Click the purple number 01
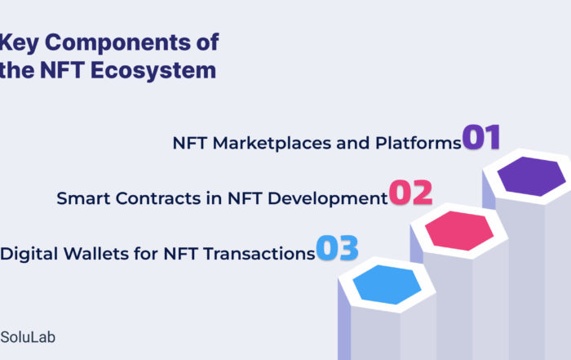pyautogui.click(x=481, y=137)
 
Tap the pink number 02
pyautogui.click(x=411, y=193)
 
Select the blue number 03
pyautogui.click(x=337, y=248)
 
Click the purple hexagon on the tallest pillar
pyautogui.click(x=531, y=176)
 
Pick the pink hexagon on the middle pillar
pyautogui.click(x=459, y=231)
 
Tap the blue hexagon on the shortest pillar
pyautogui.click(x=387, y=285)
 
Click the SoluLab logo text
pyautogui.click(x=28, y=337)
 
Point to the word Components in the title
pyautogui.click(x=118, y=43)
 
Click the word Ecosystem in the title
pyautogui.click(x=153, y=70)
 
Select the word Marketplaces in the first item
pyautogui.click(x=272, y=143)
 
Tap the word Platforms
pyautogui.click(x=418, y=143)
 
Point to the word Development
pyautogui.click(x=328, y=199)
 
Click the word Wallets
pyautogui.click(x=95, y=254)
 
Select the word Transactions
pyautogui.click(x=259, y=254)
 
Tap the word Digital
pyautogui.click(x=29, y=254)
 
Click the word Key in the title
pyautogui.click(x=19, y=43)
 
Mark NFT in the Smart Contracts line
pyautogui.click(x=245, y=198)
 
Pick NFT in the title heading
pyautogui.click(x=62, y=70)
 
